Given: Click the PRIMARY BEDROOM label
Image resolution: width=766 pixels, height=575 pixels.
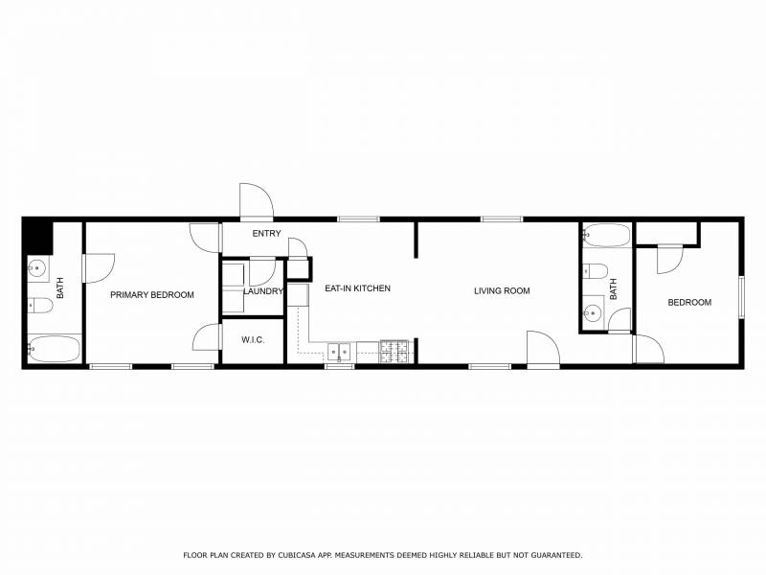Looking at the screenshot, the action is pyautogui.click(x=152, y=295).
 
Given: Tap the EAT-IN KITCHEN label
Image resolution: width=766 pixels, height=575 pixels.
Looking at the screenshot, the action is pyautogui.click(x=357, y=288).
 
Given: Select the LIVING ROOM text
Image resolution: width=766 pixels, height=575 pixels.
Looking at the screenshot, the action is pyautogui.click(x=502, y=291).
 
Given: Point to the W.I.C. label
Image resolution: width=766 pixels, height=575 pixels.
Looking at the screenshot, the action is pyautogui.click(x=253, y=340).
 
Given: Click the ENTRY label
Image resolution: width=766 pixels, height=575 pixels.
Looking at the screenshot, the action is pyautogui.click(x=267, y=234).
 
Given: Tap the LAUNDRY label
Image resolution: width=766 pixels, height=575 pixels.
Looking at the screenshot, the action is pyautogui.click(x=263, y=291).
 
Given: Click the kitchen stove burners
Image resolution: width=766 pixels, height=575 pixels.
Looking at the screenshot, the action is pyautogui.click(x=394, y=352).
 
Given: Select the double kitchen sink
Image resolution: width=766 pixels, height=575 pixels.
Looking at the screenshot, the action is pyautogui.click(x=339, y=352).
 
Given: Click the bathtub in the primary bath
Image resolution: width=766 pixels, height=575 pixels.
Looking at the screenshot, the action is pyautogui.click(x=54, y=349).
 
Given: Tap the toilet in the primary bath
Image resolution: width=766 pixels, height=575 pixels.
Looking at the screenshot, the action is pyautogui.click(x=39, y=306).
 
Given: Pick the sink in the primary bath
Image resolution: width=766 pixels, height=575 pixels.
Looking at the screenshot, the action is pyautogui.click(x=37, y=268).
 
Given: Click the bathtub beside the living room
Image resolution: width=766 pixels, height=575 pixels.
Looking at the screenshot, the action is pyautogui.click(x=607, y=235).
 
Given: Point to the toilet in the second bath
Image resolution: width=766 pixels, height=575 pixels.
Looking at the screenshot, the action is pyautogui.click(x=595, y=271).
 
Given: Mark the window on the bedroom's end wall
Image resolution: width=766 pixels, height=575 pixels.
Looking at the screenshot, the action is pyautogui.click(x=741, y=297).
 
